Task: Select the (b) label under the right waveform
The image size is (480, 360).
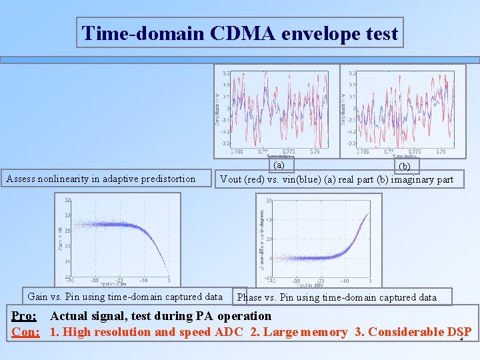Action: pyautogui.click(x=405, y=167)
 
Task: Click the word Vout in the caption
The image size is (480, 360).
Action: pyautogui.click(x=231, y=179)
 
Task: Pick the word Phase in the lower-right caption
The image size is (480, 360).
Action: pyautogui.click(x=250, y=297)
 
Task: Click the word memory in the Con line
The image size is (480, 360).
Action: pyautogui.click(x=321, y=332)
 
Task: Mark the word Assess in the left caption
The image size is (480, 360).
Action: pyautogui.click(x=21, y=179)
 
